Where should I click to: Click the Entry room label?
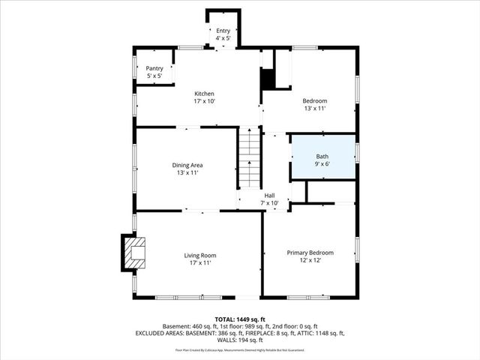pyautogui.click(x=223, y=31)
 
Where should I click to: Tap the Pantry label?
pyautogui.click(x=154, y=68)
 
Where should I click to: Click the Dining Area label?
pyautogui.click(x=187, y=165)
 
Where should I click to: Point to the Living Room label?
pyautogui.click(x=199, y=256)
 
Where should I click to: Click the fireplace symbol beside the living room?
pyautogui.click(x=134, y=253)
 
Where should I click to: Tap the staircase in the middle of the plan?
pyautogui.click(x=249, y=158)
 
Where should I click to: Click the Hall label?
pyautogui.click(x=269, y=196)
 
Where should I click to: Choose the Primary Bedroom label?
pyautogui.click(x=310, y=253)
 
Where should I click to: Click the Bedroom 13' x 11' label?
pyautogui.click(x=315, y=101)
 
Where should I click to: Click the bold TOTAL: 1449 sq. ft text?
pyautogui.click(x=239, y=319)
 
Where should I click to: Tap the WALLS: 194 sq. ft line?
pyautogui.click(x=239, y=340)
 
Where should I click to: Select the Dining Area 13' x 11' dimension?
pyautogui.click(x=187, y=172)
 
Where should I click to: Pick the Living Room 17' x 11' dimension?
pyautogui.click(x=199, y=263)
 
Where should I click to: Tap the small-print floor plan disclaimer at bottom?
pyautogui.click(x=239, y=349)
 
